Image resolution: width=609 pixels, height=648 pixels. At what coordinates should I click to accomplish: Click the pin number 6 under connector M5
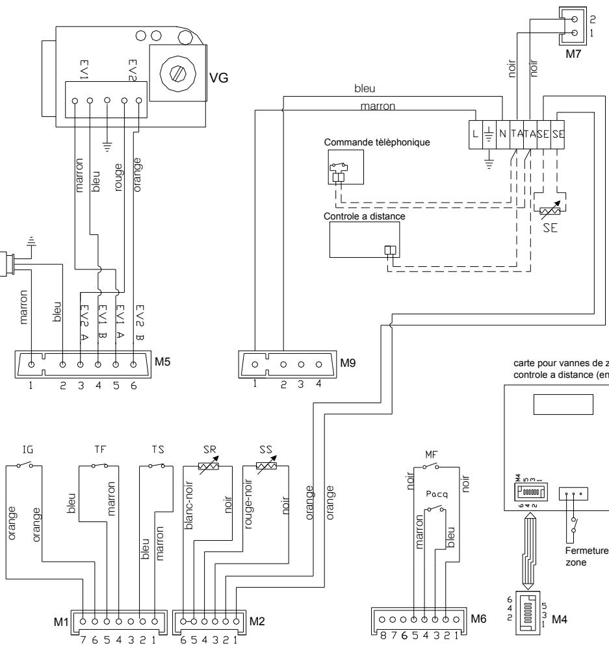134,384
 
